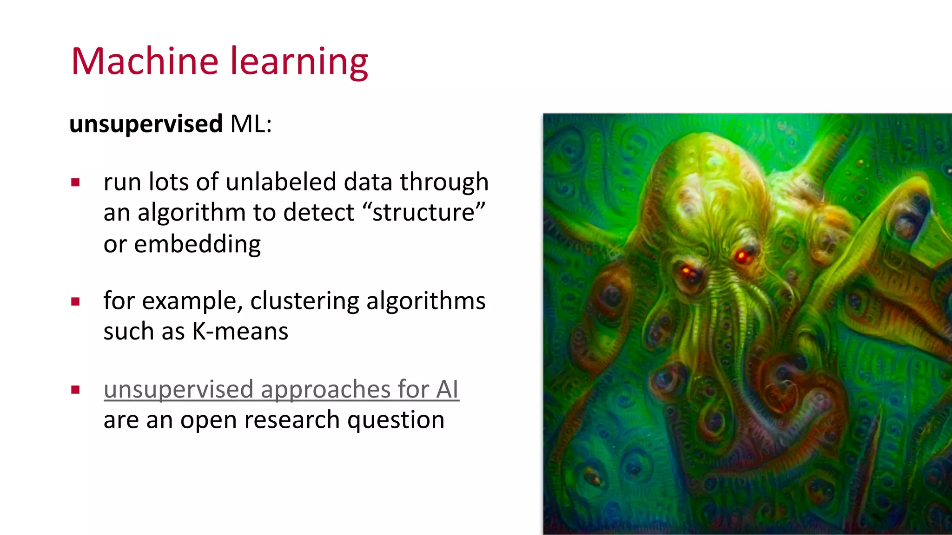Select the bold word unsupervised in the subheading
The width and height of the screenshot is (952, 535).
coord(146,124)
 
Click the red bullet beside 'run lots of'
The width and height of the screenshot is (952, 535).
coord(76,182)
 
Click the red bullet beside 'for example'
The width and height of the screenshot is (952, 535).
coord(76,301)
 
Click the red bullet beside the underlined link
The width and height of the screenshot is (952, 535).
coord(76,389)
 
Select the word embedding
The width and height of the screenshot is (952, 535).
coord(198,244)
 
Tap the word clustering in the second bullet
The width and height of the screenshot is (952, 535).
coord(304,301)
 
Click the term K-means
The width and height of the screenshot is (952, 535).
coord(240,332)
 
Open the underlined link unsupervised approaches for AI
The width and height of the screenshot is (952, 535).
coord(281,389)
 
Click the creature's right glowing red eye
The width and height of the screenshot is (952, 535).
coord(741,255)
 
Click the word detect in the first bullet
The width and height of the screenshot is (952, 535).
coord(318,213)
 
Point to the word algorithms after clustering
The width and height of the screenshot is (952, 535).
coord(426,301)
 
